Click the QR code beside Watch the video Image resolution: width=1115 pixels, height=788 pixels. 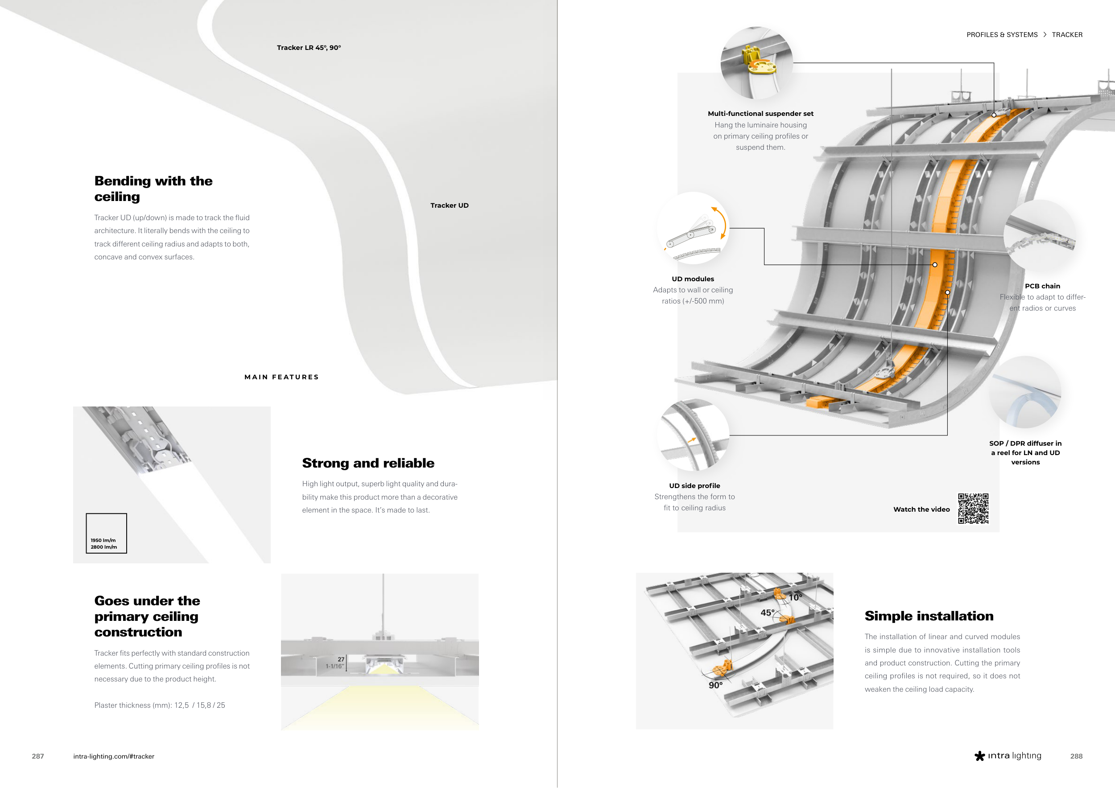pos(973,509)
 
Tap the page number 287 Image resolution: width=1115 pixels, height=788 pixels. pos(38,756)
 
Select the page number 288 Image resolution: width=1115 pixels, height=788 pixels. pos(1076,756)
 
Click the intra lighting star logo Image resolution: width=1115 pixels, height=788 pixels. pos(979,756)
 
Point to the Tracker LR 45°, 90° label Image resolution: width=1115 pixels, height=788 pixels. pos(309,48)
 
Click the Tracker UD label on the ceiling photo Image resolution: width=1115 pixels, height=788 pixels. pos(449,205)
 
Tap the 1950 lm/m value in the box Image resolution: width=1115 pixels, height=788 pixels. pos(103,540)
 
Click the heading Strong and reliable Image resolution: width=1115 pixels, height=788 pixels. pos(368,464)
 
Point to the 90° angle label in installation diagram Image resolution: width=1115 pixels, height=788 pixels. pos(715,685)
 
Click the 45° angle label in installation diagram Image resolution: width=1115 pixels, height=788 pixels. pos(767,613)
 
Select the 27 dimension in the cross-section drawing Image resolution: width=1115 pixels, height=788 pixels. pos(341,659)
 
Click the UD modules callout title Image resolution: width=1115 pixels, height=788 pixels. pos(693,279)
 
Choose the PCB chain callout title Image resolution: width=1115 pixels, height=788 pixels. pos(1042,286)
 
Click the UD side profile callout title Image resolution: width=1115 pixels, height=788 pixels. pos(694,486)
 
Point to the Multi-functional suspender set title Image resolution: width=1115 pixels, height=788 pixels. pos(760,114)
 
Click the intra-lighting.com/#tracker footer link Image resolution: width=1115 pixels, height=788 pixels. pos(114,756)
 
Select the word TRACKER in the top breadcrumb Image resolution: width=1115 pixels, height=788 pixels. pos(1067,35)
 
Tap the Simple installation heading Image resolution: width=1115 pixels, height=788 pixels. pos(929,616)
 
